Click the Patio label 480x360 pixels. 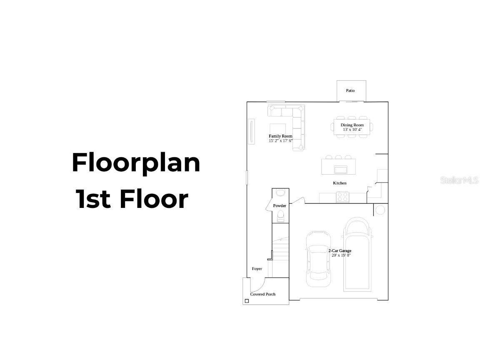pyautogui.click(x=350, y=90)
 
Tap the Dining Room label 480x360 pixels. pyautogui.click(x=352, y=125)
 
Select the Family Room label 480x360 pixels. pyautogui.click(x=280, y=136)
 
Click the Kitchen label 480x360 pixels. pyautogui.click(x=340, y=183)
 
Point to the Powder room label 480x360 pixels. pyautogui.click(x=280, y=206)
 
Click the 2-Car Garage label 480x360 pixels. pyautogui.click(x=340, y=251)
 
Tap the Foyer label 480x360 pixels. pyautogui.click(x=257, y=269)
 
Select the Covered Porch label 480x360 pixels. pyautogui.click(x=263, y=294)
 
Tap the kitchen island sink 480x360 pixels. pyautogui.click(x=340, y=169)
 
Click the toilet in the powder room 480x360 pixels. pyautogui.click(x=281, y=216)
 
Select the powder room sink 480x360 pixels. pyautogui.click(x=280, y=192)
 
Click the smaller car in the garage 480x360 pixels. pyautogui.click(x=318, y=259)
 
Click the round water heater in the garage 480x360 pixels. pyautogui.click(x=380, y=210)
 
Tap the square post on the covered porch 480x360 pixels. pyautogui.click(x=247, y=301)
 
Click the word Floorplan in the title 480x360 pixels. pyautogui.click(x=136, y=163)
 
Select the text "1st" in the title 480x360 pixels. pyautogui.click(x=93, y=199)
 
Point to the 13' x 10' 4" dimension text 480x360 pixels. pyautogui.click(x=352, y=130)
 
